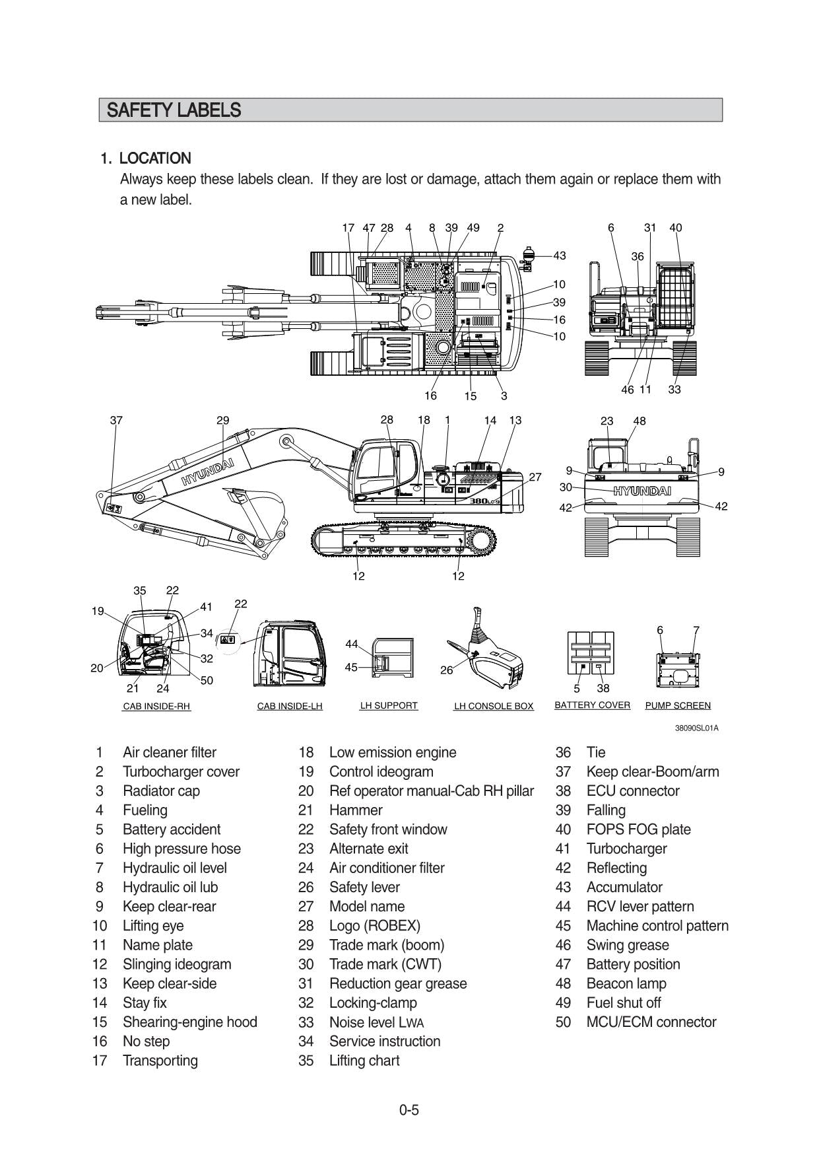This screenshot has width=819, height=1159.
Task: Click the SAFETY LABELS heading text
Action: pyautogui.click(x=174, y=110)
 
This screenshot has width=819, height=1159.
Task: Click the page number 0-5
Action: pyautogui.click(x=409, y=1109)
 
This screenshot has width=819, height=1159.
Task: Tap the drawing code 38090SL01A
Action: pyautogui.click(x=696, y=728)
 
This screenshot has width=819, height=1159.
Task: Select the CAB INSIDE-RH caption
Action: pyautogui.click(x=156, y=706)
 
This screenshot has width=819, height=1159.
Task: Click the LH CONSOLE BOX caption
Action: pyautogui.click(x=493, y=706)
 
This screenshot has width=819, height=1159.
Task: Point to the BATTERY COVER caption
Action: pyautogui.click(x=592, y=705)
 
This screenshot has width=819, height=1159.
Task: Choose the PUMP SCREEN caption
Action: pyautogui.click(x=678, y=705)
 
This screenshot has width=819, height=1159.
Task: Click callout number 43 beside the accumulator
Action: pyautogui.click(x=559, y=256)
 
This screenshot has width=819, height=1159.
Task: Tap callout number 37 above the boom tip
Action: pyautogui.click(x=116, y=420)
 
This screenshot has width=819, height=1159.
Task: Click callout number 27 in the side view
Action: pyautogui.click(x=535, y=477)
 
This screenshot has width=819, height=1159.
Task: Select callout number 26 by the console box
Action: pyautogui.click(x=447, y=670)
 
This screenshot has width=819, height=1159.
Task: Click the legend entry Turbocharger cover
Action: pyautogui.click(x=181, y=771)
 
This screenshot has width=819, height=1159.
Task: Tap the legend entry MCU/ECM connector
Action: pyautogui.click(x=651, y=1022)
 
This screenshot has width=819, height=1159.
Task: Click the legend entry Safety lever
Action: pyautogui.click(x=364, y=887)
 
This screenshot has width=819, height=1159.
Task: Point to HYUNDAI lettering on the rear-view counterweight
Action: pyautogui.click(x=641, y=491)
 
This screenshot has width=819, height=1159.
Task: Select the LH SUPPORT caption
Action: pyautogui.click(x=388, y=705)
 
